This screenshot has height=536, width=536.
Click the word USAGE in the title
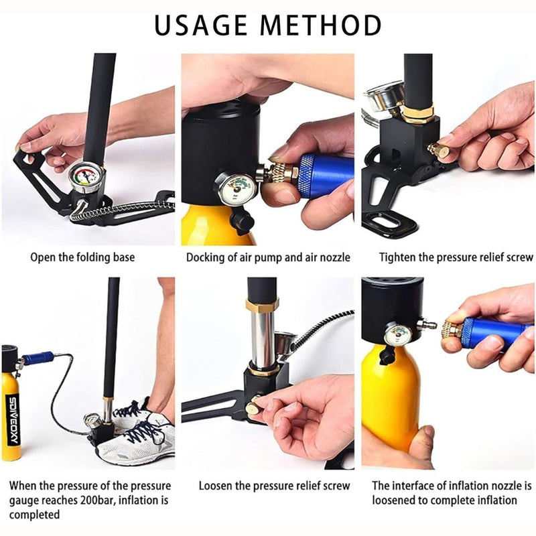203,25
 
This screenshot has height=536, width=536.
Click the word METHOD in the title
326,25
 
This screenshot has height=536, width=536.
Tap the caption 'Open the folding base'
82,257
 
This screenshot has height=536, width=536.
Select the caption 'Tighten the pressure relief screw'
456,257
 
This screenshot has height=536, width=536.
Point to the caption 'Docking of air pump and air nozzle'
268,257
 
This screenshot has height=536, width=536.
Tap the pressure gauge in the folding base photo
85,177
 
